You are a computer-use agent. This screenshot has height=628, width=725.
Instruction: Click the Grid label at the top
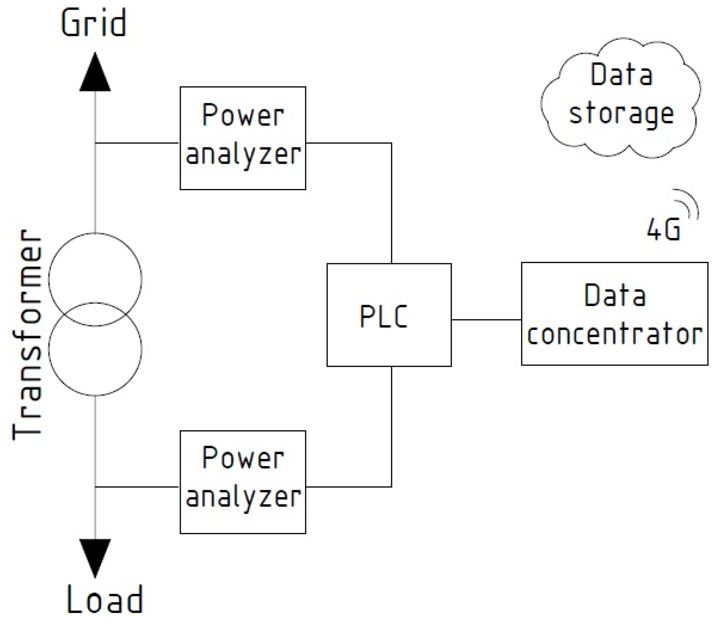click(x=94, y=23)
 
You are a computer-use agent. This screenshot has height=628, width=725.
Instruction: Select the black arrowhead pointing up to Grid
click(x=95, y=74)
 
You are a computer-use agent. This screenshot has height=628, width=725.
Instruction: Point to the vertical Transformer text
click(x=27, y=334)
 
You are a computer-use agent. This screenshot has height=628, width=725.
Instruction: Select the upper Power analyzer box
click(x=243, y=138)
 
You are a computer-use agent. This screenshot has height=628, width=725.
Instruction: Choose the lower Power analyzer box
click(x=243, y=482)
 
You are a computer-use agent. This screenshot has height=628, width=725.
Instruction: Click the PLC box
click(x=389, y=315)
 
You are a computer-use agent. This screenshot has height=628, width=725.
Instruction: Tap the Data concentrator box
click(x=614, y=314)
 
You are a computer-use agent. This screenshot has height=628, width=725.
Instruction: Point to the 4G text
click(x=663, y=230)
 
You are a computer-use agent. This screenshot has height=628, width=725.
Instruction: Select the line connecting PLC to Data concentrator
click(x=486, y=319)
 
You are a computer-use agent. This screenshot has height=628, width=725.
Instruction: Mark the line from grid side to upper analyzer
click(x=137, y=143)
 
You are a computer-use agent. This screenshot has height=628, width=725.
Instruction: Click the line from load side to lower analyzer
click(x=137, y=487)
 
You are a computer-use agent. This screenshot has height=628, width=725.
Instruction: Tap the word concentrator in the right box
click(x=614, y=334)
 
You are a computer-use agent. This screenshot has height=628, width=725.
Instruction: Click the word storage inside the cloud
click(x=621, y=114)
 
